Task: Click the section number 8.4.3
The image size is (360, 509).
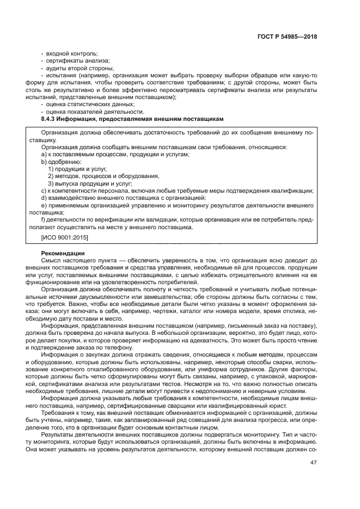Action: click(51, 119)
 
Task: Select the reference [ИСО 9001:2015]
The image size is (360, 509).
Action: click(65, 238)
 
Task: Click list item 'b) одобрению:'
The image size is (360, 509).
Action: click(61, 162)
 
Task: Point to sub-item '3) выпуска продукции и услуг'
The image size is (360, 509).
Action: click(90, 183)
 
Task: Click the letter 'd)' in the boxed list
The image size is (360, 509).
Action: click(45, 198)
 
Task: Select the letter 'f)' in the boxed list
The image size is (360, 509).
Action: click(44, 219)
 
